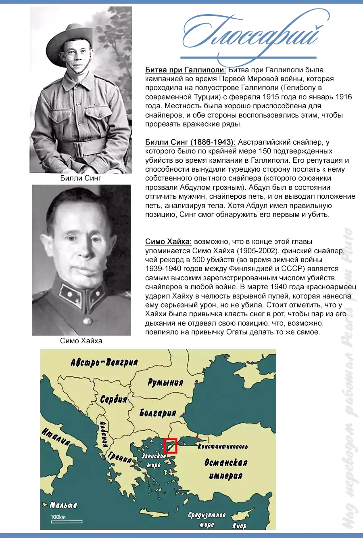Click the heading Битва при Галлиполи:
[x=186, y=70]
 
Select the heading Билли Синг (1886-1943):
[x=190, y=142]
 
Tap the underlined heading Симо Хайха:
[x=168, y=242]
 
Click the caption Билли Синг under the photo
[x=81, y=178]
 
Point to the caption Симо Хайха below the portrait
[x=81, y=341]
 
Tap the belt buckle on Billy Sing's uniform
[x=79, y=148]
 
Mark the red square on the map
[x=171, y=446]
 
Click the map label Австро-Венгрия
[x=104, y=362]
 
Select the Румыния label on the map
[x=165, y=382]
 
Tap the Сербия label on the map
[x=113, y=399]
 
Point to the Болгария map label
[x=158, y=413]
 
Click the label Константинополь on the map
[x=223, y=446]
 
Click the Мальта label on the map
[x=63, y=505]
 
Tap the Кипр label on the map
[x=239, y=525]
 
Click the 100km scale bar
[x=66, y=521]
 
